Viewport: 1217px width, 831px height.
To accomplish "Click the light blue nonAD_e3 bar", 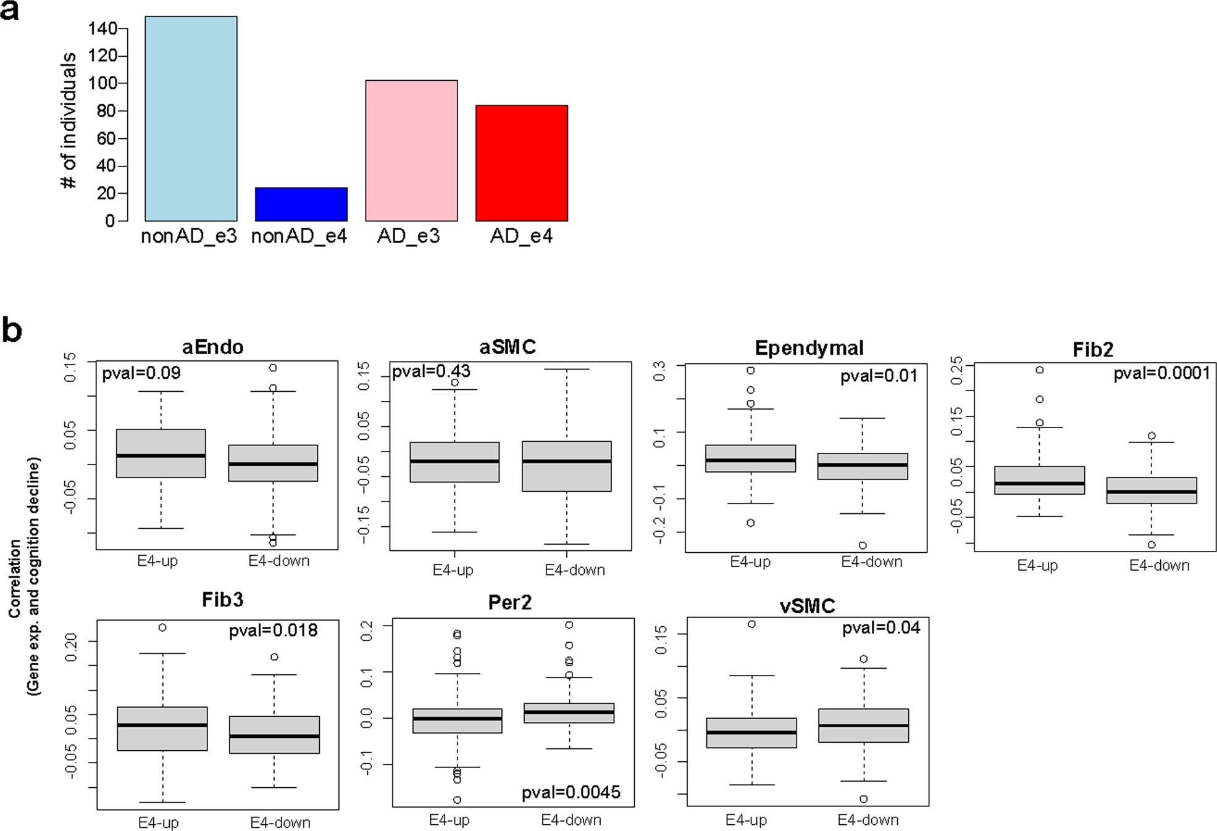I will [x=191, y=118].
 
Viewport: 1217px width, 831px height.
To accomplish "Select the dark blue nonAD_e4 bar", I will [x=301, y=204].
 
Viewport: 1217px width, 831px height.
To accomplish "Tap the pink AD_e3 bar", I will [x=411, y=151].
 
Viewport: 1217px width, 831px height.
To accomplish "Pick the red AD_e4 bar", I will [x=521, y=163].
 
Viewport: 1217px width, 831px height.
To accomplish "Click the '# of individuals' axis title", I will [x=69, y=120].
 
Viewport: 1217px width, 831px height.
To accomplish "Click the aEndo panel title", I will [x=212, y=347].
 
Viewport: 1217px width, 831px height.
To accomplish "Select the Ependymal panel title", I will [x=809, y=349].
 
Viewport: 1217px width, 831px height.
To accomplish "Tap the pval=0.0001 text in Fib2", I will [x=1161, y=373].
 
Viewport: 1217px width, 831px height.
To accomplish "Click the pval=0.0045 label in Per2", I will [x=571, y=792].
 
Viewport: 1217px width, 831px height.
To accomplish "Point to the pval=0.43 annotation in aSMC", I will [x=431, y=371].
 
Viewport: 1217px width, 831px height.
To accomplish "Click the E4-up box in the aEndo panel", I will [x=161, y=453].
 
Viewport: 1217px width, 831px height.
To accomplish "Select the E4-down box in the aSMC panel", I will [x=566, y=466].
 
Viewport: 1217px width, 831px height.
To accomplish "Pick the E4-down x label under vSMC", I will [x=868, y=820].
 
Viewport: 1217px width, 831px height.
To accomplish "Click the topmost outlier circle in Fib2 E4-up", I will [x=1040, y=370].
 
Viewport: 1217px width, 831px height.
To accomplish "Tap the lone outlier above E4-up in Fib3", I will [x=162, y=627].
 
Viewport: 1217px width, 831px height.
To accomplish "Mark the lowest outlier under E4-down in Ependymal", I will [x=863, y=545].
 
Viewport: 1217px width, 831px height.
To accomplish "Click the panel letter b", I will [x=12, y=331].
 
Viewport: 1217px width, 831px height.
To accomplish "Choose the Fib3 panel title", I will [x=222, y=600].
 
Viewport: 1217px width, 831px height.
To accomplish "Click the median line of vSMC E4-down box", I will [x=863, y=725].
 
